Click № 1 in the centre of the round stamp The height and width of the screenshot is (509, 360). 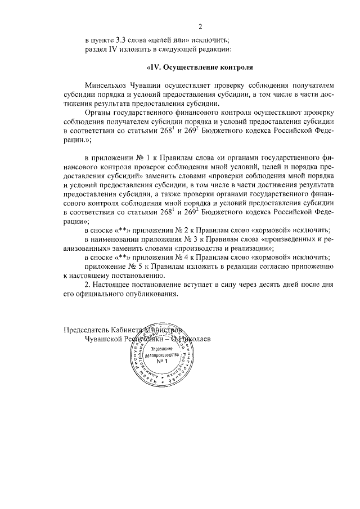tap(163, 363)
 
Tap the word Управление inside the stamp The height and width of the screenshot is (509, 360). tap(163, 349)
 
